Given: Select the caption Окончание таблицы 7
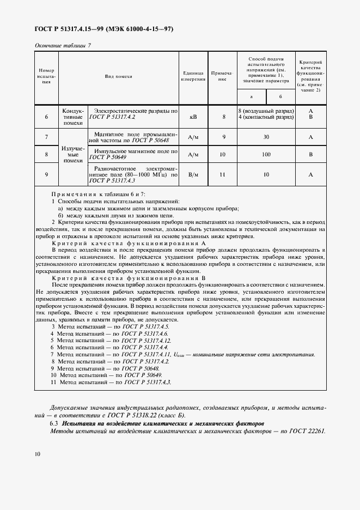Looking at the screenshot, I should point(62,45).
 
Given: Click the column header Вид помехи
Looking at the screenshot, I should point(119,77).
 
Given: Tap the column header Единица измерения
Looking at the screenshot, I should point(193,77).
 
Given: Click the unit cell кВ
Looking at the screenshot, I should point(193,117).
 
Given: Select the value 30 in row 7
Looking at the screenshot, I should point(266,137).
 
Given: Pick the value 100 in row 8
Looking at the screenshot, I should point(266,155).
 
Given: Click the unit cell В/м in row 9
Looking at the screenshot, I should point(193,174).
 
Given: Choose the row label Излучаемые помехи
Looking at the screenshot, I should point(72,155).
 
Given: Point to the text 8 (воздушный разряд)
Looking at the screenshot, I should point(266,111).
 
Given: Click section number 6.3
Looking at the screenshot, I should point(54,423).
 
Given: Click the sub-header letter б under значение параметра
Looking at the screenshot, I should point(280,96).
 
